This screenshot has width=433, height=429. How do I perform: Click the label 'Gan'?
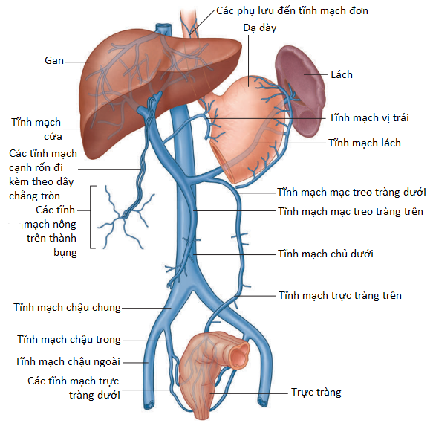[54, 60]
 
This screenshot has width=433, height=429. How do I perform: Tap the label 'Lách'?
[342, 74]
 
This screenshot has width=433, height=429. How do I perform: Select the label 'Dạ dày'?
[260, 28]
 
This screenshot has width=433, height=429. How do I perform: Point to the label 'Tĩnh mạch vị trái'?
[368, 117]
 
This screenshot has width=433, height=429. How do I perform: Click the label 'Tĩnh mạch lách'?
[365, 143]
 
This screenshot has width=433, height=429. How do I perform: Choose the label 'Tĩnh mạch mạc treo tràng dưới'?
[351, 192]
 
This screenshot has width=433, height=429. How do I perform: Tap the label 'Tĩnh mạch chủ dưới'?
[325, 254]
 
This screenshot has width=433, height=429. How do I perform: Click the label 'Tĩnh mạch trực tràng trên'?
[340, 295]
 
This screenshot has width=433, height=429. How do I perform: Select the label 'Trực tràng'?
[316, 393]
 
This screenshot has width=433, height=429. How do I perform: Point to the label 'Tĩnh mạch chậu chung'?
[67, 307]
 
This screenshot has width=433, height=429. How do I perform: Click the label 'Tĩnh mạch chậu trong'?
[69, 339]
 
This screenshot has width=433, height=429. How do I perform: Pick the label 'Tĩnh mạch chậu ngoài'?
[68, 361]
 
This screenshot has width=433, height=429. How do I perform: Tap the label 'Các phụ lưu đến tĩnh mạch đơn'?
[292, 10]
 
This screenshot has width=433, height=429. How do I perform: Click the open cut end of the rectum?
[239, 355]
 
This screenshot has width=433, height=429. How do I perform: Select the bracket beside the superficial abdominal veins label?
[91, 217]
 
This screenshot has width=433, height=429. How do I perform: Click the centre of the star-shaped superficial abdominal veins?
[124, 215]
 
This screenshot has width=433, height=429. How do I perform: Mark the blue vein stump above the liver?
[163, 28]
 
